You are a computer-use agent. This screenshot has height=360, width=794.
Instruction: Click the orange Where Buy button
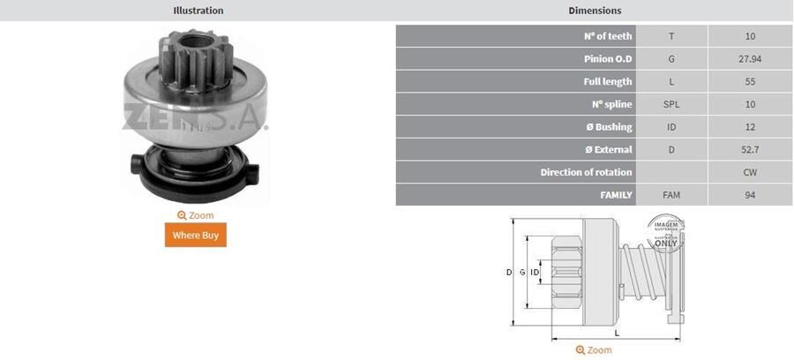coord(195,235)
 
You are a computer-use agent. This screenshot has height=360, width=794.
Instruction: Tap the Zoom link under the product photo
coord(195,215)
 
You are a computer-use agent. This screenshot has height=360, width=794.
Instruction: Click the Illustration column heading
coord(198,11)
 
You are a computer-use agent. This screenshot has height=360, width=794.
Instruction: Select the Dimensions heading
coord(595,11)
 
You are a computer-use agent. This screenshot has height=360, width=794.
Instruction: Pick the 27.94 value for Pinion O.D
coord(750,59)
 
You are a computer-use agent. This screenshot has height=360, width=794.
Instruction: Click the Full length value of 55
coord(750,82)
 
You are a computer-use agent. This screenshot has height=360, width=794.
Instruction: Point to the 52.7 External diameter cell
coord(750,150)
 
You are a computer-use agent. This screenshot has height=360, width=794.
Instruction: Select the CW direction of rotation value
coord(750,173)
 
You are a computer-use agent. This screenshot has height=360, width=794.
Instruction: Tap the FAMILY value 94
coord(750,195)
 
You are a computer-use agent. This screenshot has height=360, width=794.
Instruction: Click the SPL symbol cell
coord(671,105)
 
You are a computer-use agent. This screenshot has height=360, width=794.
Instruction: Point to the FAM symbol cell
coord(671,195)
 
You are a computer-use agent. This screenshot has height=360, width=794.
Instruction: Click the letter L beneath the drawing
coord(615,334)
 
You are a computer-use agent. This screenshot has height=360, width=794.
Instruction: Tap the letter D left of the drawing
coord(509,273)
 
